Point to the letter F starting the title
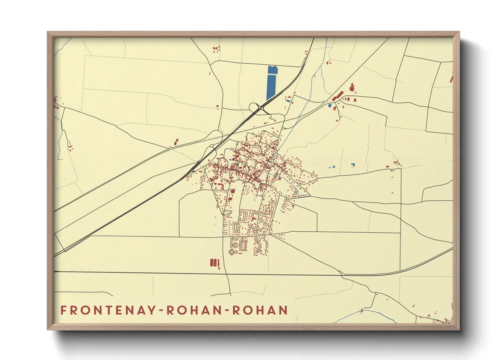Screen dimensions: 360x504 tap(63, 310)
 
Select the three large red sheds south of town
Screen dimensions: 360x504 tap(214, 263)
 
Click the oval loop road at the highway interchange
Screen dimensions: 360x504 tap(254, 108)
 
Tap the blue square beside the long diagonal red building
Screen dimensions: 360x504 tap(329, 105)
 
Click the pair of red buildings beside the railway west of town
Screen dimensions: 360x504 tap(176, 142)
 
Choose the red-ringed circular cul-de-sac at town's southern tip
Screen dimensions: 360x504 tap(233, 252)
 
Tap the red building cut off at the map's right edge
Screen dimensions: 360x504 tap(451, 78)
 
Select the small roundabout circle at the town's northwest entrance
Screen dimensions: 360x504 tap(212, 146)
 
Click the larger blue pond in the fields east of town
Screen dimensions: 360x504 tap(353, 165)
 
